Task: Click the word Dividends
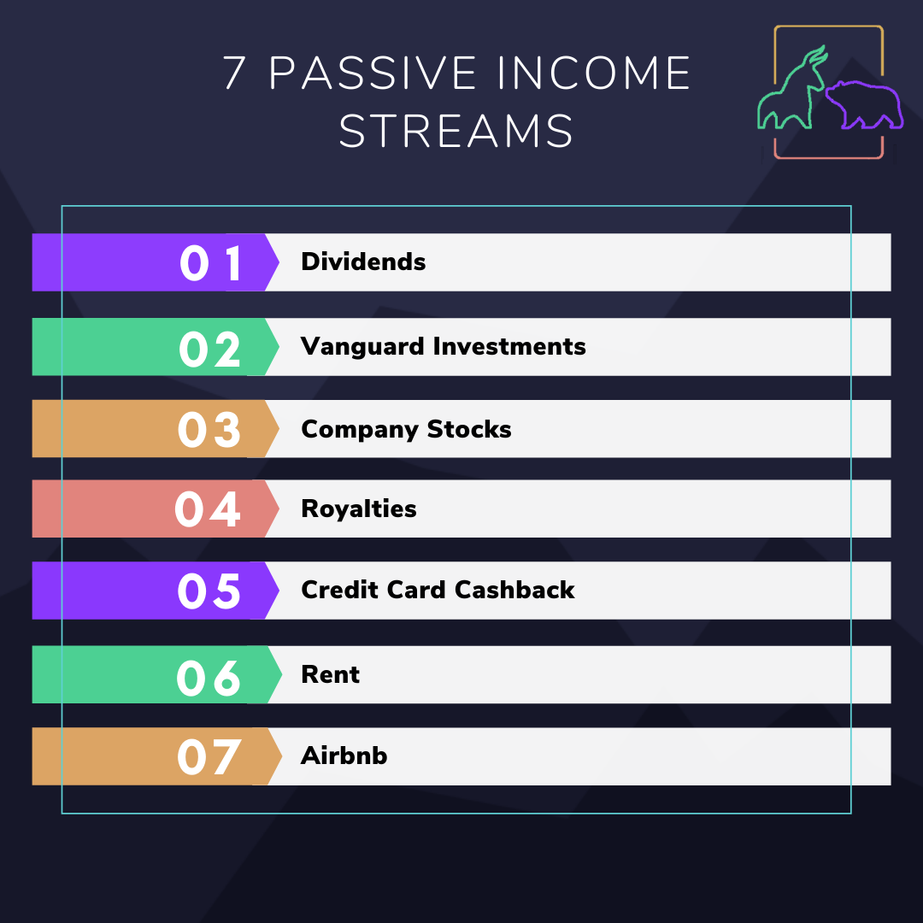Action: pyautogui.click(x=363, y=262)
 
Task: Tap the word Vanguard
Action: pyautogui.click(x=362, y=347)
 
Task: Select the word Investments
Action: pyautogui.click(x=509, y=346)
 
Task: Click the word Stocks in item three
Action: pyautogui.click(x=469, y=429)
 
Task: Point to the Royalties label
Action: pyautogui.click(x=359, y=509)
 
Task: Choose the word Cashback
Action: pyautogui.click(x=514, y=590)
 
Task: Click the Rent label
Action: pyautogui.click(x=330, y=674)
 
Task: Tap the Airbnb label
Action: pyautogui.click(x=344, y=755)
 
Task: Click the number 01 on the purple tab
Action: pyautogui.click(x=211, y=263)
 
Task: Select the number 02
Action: pyautogui.click(x=209, y=349)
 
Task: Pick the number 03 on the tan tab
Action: pyautogui.click(x=209, y=429)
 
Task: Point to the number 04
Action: pyautogui.click(x=207, y=509)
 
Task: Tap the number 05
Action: pyautogui.click(x=209, y=591)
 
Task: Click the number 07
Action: pyautogui.click(x=209, y=757)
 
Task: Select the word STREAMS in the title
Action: pyautogui.click(x=456, y=131)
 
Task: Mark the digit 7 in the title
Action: pyautogui.click(x=233, y=73)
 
